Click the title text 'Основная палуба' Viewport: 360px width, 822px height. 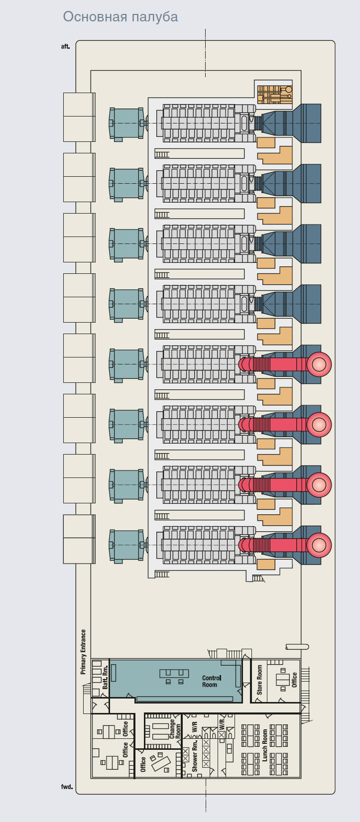pos(120,17)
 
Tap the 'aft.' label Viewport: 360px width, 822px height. pos(65,47)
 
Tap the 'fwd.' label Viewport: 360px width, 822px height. pos(67,787)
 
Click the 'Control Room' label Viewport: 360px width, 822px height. pos(211,681)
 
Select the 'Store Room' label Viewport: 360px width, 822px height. pos(259,680)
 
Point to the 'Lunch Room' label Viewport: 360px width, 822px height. pos(264,745)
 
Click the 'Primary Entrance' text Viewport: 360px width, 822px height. pos(83,652)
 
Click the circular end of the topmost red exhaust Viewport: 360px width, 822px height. pos(319,364)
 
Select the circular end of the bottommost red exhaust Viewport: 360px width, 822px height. pos(319,545)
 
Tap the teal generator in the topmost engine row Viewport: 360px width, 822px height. pos(125,123)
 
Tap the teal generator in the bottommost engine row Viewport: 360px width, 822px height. pos(125,546)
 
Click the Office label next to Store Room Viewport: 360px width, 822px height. pos(294,680)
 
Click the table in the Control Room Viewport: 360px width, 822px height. pos(174,674)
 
